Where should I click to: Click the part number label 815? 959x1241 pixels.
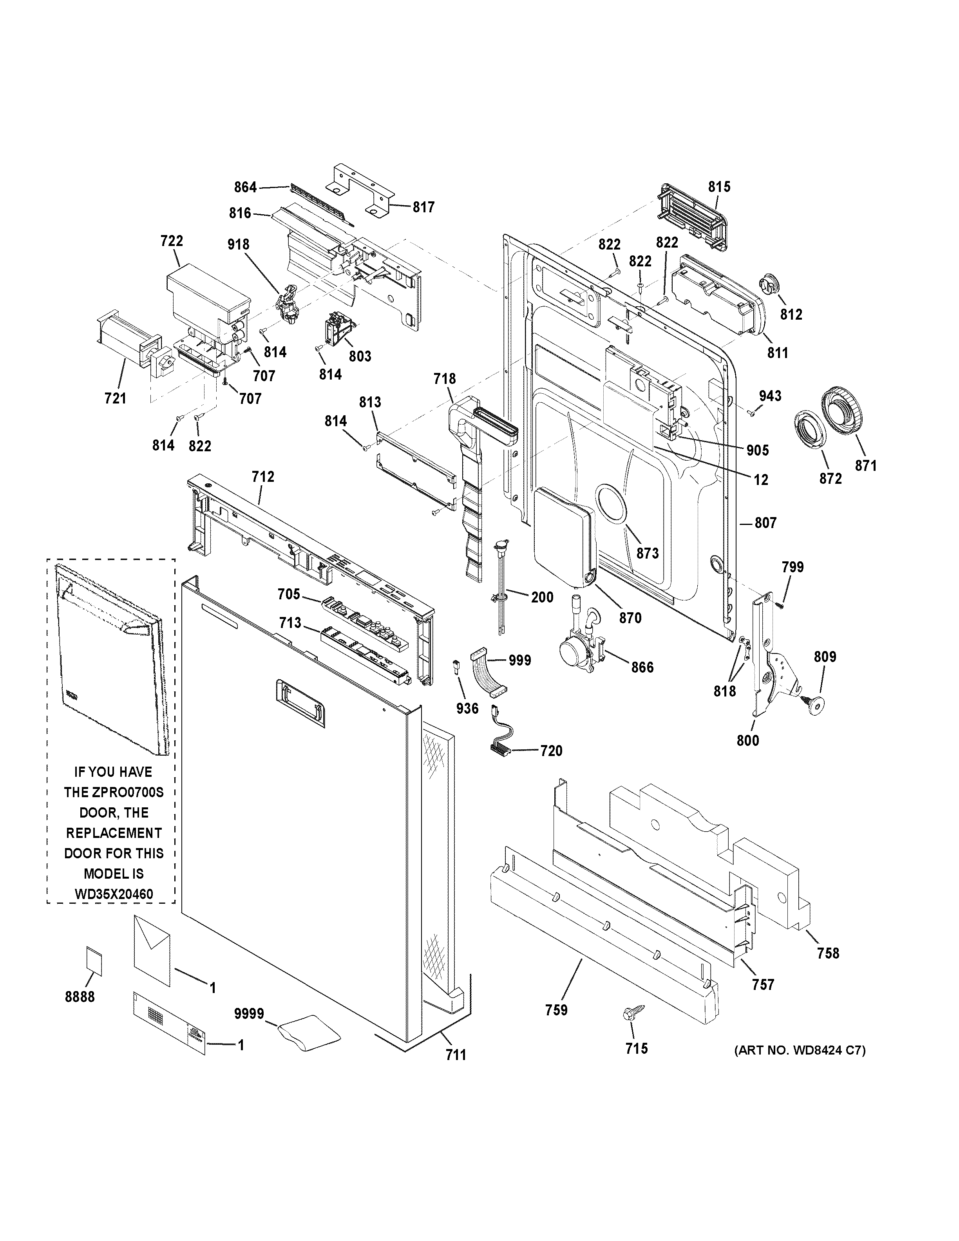719,187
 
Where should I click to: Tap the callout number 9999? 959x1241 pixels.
249,1014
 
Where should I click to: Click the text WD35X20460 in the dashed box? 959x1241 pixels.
114,894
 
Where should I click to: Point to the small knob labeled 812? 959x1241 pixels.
768,284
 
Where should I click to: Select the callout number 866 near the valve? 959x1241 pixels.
642,667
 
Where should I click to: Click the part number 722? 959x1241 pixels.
172,241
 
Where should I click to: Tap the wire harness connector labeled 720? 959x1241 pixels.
500,748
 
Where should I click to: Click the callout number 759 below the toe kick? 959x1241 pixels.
556,1010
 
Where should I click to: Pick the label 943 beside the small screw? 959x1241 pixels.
770,396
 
